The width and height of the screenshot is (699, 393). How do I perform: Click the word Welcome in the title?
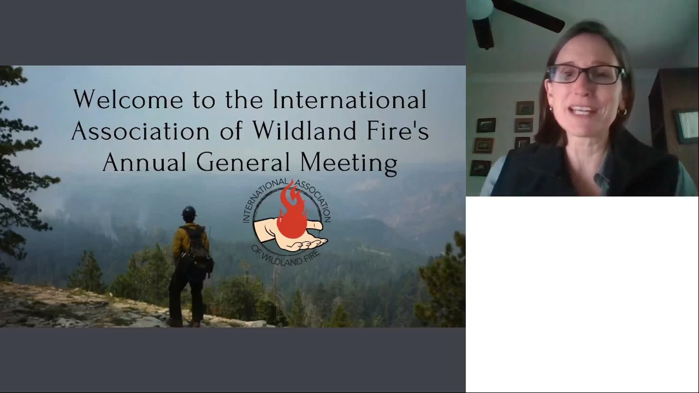[128, 99]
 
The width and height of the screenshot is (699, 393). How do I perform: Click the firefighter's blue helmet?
[189, 211]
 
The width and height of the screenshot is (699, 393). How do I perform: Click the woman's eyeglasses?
[585, 74]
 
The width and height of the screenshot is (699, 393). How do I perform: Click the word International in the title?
[350, 99]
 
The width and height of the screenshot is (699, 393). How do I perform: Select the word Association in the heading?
[140, 131]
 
